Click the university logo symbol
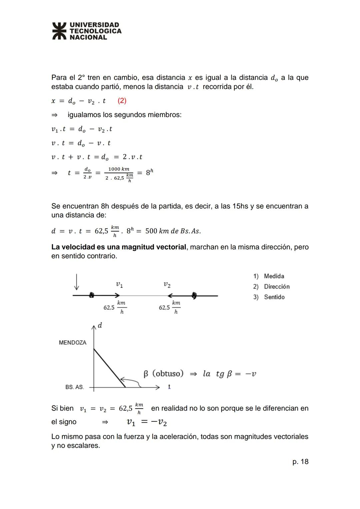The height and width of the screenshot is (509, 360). point(59,31)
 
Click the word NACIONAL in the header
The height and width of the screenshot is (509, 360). point(88,37)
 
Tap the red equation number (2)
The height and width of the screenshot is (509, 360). point(122,101)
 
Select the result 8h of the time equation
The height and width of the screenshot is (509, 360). point(149,172)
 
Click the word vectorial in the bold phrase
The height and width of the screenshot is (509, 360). point(171,247)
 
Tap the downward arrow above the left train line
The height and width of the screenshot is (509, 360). point(77,282)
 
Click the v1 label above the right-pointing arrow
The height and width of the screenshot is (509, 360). point(119,285)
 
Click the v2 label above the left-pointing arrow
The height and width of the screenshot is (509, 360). point(167,285)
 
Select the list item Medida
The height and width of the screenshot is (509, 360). point(274,276)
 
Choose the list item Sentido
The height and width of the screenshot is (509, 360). point(274,297)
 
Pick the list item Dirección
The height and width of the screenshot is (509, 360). point(276,287)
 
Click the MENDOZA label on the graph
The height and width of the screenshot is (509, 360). point(72,343)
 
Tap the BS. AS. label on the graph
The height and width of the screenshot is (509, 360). point(74,387)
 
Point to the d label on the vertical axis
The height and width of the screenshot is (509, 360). point(100,325)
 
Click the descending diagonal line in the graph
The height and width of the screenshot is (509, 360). point(109,368)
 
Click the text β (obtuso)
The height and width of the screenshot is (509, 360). point(163,374)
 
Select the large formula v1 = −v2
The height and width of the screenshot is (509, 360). point(147,422)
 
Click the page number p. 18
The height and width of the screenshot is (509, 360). point(300,462)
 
